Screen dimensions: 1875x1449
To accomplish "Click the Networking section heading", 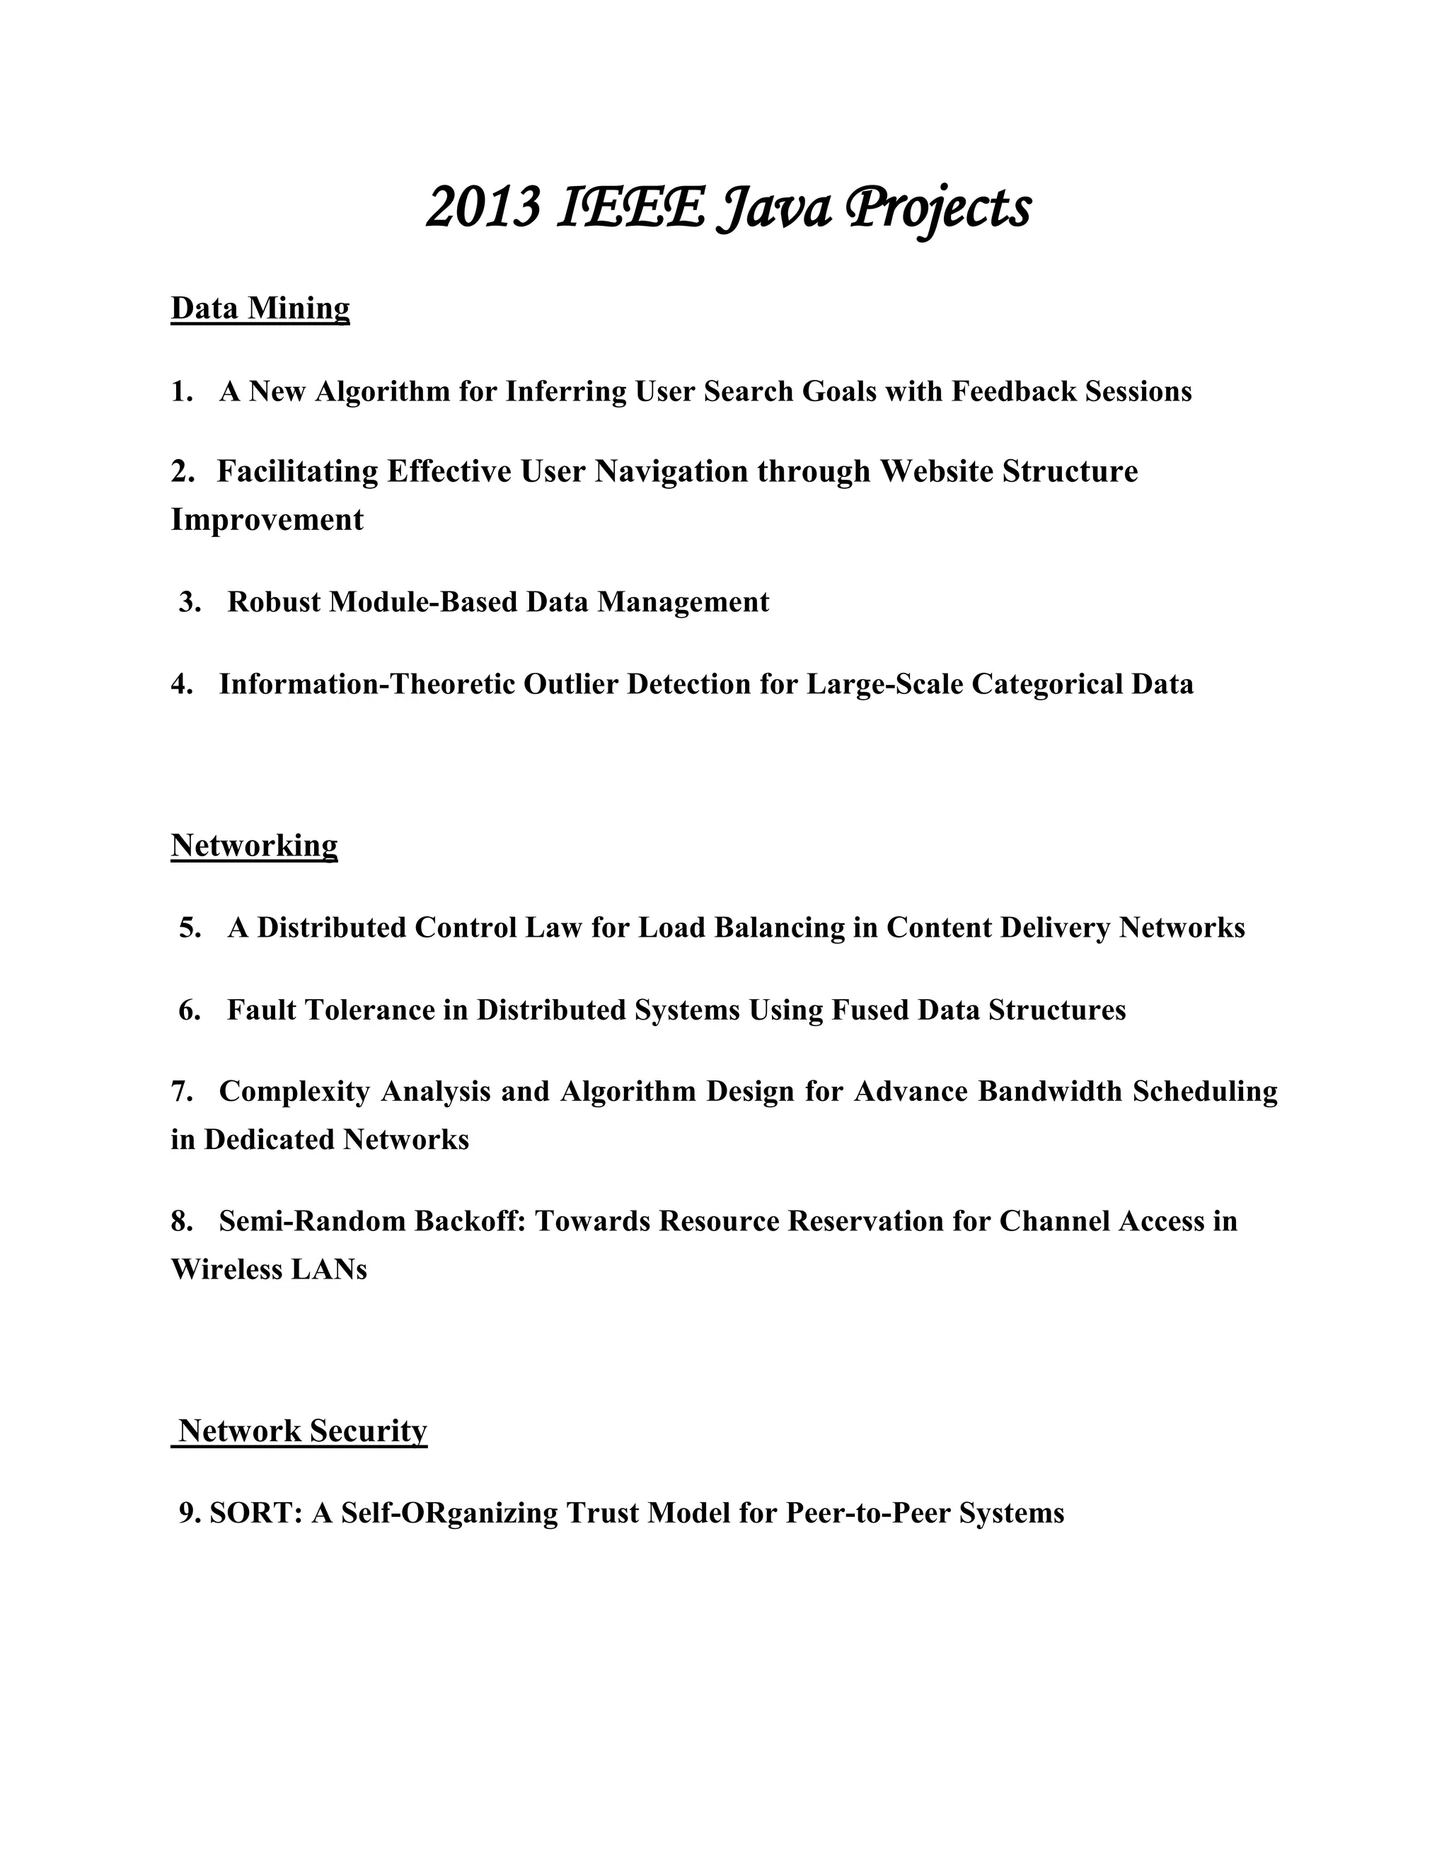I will pyautogui.click(x=254, y=846).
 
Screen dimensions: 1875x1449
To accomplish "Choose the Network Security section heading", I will pyautogui.click(x=302, y=1431).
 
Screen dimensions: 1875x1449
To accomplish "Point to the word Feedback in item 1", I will pyautogui.click(x=1014, y=391).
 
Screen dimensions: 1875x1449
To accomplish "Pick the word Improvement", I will pyautogui.click(x=267, y=519).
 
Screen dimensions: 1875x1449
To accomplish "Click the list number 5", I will pyautogui.click(x=190, y=928).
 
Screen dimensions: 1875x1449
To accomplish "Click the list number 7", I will pyautogui.click(x=180, y=1091).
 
